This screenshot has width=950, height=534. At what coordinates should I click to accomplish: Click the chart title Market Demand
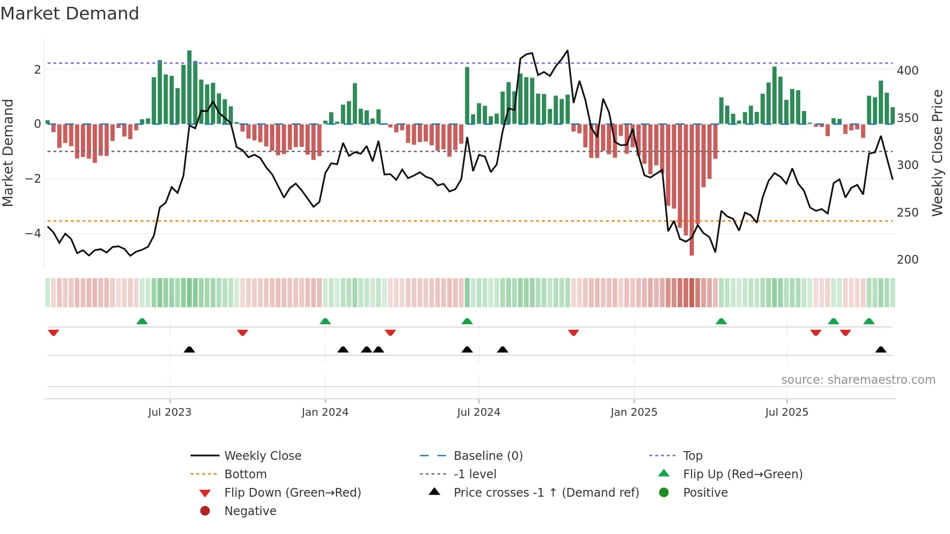click(x=70, y=14)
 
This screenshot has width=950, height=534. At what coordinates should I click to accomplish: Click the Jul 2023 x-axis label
click(x=170, y=412)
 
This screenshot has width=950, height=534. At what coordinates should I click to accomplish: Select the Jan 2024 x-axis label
click(x=325, y=412)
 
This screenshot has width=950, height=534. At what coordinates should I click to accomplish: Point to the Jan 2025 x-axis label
click(x=633, y=412)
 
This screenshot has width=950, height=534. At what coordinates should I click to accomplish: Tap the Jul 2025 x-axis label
click(x=787, y=412)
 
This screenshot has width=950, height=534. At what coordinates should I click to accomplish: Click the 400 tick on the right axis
click(x=907, y=71)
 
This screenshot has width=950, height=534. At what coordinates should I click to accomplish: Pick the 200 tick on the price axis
click(x=907, y=260)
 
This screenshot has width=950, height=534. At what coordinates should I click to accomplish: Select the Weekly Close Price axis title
click(x=937, y=153)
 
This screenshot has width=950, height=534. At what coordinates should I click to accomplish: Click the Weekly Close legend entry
click(x=262, y=456)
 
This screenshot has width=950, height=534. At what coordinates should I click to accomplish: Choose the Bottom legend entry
click(x=245, y=474)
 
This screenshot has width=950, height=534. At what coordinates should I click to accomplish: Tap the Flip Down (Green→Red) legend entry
click(x=292, y=493)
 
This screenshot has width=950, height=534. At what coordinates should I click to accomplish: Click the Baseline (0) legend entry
click(x=488, y=456)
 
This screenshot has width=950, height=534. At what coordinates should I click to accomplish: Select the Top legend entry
click(x=692, y=456)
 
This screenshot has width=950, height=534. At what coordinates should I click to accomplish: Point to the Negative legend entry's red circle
click(x=205, y=511)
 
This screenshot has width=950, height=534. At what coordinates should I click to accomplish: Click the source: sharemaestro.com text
click(x=858, y=380)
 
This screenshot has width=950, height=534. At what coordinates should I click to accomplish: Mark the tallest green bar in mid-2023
click(x=190, y=87)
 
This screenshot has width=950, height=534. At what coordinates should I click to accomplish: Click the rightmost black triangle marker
click(x=881, y=350)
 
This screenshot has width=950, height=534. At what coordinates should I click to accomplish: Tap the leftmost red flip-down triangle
click(x=53, y=332)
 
